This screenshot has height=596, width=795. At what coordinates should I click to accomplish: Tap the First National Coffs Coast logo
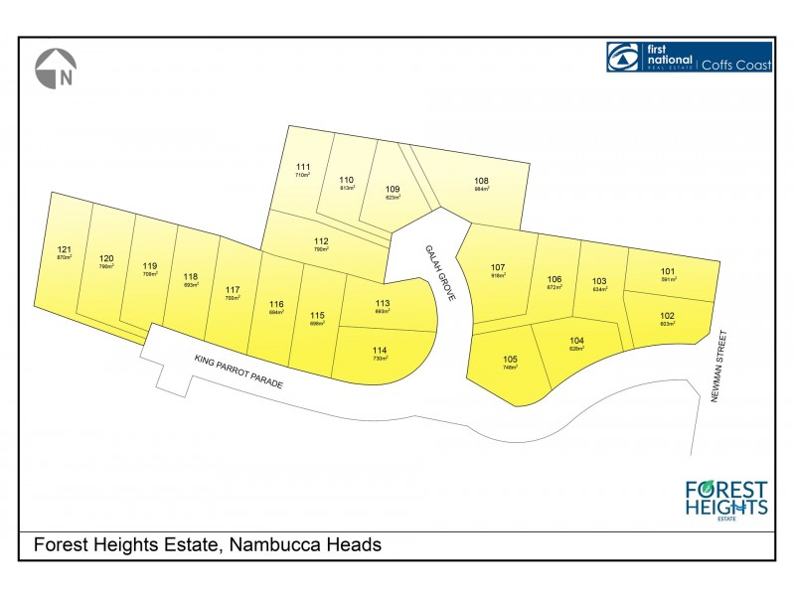coord(689,58)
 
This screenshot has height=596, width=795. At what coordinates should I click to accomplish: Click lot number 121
coord(65,249)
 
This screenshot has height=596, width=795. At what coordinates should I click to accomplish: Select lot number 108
coord(482,180)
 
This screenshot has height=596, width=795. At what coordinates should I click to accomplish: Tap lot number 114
coord(379,351)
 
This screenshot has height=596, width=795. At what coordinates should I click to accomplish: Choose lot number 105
coord(511,359)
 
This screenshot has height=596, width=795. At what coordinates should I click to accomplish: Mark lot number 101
coord(668,271)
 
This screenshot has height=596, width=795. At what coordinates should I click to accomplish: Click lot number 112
coord(321,241)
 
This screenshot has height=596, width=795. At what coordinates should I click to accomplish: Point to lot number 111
coord(303,166)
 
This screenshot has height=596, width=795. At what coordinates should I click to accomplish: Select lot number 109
coord(393,189)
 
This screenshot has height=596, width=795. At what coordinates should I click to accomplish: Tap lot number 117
coord(233,289)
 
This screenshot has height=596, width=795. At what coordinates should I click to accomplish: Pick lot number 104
coord(577,340)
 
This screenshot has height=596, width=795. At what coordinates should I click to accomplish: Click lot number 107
coord(499,267)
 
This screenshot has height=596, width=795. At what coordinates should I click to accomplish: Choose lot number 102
coord(668,316)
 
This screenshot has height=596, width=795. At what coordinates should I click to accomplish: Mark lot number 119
coord(150,265)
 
